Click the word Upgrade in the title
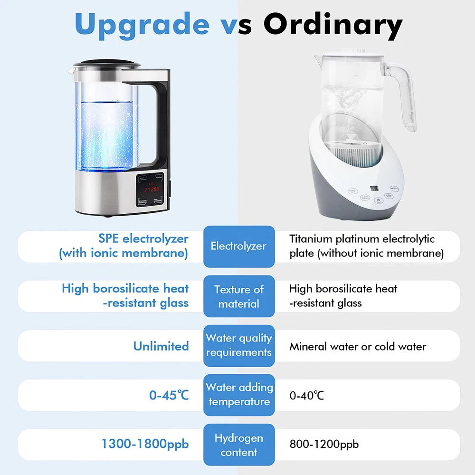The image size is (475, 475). [142, 24]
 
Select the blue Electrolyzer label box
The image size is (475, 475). [238, 246]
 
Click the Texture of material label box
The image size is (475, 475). [238, 296]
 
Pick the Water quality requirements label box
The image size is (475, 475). [238, 345]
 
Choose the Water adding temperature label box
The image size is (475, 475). [238, 395]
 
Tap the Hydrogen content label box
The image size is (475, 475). [238, 445]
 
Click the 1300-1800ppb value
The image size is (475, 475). [145, 444]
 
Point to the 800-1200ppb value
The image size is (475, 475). [324, 445]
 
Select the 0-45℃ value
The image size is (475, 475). [169, 395]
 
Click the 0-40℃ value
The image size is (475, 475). [306, 395]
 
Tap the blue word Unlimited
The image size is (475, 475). [161, 346]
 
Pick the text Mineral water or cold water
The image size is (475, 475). [358, 346]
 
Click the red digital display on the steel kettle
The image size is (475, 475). [152, 189]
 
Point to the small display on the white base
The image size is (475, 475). [374, 188]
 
